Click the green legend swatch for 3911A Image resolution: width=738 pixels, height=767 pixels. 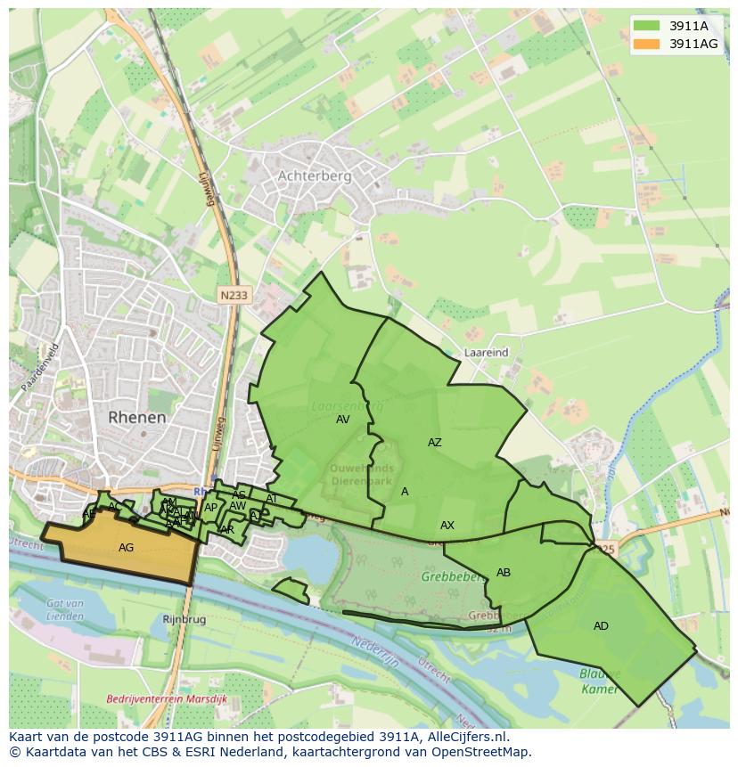click(x=647, y=26)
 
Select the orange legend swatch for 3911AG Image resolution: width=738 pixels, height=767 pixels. click(x=647, y=44)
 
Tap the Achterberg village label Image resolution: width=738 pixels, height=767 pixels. click(x=315, y=176)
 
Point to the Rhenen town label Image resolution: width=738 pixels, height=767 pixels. click(x=137, y=417)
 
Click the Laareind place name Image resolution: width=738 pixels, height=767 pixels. click(x=487, y=353)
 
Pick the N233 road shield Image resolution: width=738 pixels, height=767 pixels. click(x=234, y=294)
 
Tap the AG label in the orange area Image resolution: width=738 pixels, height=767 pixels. click(x=126, y=548)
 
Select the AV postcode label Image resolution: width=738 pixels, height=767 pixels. click(x=343, y=420)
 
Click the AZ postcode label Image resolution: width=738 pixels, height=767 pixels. click(x=434, y=443)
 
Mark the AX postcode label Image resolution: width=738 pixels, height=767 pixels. click(x=447, y=526)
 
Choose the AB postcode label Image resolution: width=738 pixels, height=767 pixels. click(x=504, y=573)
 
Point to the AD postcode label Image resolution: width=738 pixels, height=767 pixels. click(x=601, y=626)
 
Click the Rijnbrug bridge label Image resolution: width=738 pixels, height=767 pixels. click(x=184, y=618)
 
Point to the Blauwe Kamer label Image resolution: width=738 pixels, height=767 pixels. click(x=599, y=681)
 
